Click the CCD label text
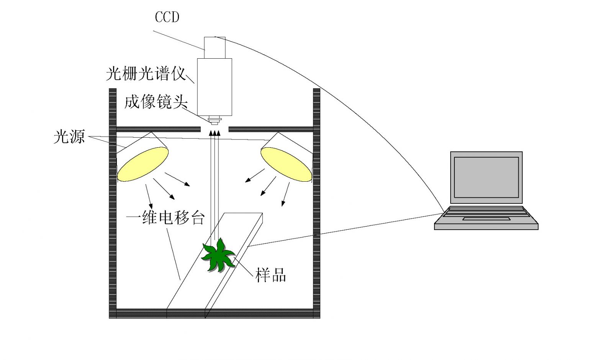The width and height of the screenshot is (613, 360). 167,17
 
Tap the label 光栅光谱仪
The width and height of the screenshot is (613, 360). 146,74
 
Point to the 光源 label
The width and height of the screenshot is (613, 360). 69,137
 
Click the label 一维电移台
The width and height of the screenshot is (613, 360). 166,218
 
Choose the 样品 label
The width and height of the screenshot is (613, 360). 270,275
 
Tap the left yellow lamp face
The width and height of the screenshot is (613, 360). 143,164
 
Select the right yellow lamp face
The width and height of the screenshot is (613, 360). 286,164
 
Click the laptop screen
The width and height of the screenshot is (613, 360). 486,177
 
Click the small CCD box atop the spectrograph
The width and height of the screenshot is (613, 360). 215,48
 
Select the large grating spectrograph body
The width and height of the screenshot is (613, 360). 215,87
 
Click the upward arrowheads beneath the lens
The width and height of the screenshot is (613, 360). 215,133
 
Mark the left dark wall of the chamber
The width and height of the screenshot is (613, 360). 113,203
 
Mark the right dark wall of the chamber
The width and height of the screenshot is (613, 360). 316,203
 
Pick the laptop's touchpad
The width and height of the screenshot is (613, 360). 486,219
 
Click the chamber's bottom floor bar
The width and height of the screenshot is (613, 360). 215,314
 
